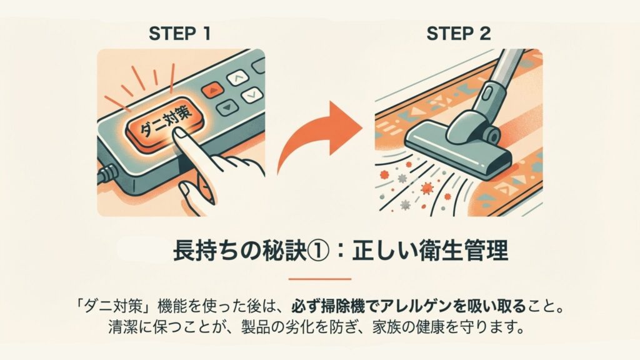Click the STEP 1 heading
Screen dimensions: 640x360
click(x=179, y=34)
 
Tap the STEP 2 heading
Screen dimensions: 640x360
click(x=458, y=34)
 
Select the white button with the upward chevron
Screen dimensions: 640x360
click(x=237, y=77)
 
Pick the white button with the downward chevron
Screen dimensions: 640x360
click(x=252, y=95)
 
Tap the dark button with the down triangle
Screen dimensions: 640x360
click(x=227, y=107)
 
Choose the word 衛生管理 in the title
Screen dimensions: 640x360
click(x=464, y=251)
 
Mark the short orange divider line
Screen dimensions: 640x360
click(x=320, y=279)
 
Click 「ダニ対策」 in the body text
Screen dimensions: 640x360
click(x=116, y=306)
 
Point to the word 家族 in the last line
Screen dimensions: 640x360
click(x=386, y=327)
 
